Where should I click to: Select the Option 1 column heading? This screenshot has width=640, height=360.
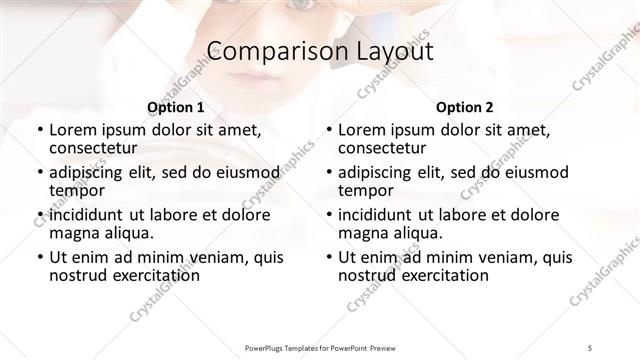175,107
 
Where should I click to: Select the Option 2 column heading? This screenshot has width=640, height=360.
464,107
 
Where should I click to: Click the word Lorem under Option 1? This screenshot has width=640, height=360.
72,129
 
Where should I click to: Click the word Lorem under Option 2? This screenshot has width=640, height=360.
361,129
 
